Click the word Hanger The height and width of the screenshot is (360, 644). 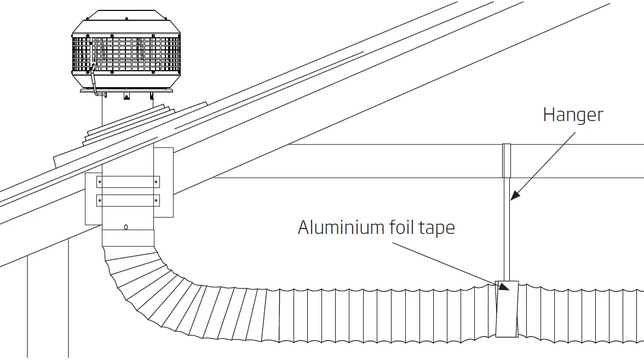(573, 115)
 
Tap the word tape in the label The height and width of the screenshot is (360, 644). (435, 227)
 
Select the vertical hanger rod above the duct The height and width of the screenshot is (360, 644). (507, 230)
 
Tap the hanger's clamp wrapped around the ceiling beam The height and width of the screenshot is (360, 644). (507, 161)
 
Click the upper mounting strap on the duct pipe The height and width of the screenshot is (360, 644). (128, 182)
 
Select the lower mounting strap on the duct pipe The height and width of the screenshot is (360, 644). (128, 200)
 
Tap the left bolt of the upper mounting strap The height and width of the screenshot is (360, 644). (100, 182)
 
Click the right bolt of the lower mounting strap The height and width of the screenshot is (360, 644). (157, 200)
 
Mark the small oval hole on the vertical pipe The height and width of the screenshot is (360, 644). (126, 227)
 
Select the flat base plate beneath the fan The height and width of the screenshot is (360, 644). (127, 89)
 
